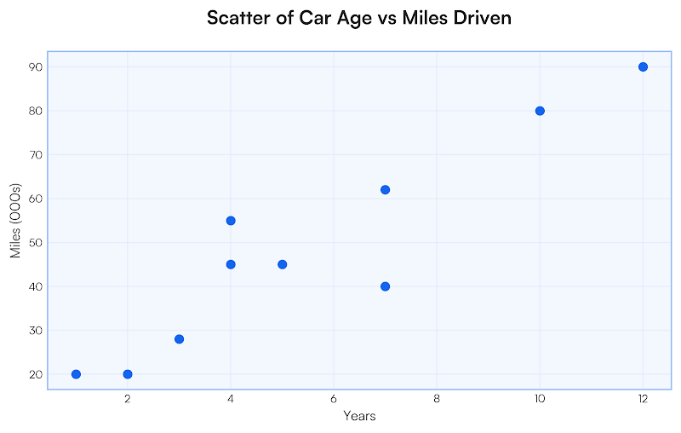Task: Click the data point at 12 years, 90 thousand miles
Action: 643,66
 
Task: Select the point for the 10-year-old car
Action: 540,111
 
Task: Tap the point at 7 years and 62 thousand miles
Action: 385,189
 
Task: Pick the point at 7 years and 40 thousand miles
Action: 385,286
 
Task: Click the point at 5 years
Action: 282,264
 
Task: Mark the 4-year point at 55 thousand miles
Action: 231,221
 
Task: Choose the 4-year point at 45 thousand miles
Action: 231,264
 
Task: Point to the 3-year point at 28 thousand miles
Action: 179,339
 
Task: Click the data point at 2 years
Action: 128,374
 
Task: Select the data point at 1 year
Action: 77,374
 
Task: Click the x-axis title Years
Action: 359,416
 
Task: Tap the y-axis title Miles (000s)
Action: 15,220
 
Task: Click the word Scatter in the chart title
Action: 238,18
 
